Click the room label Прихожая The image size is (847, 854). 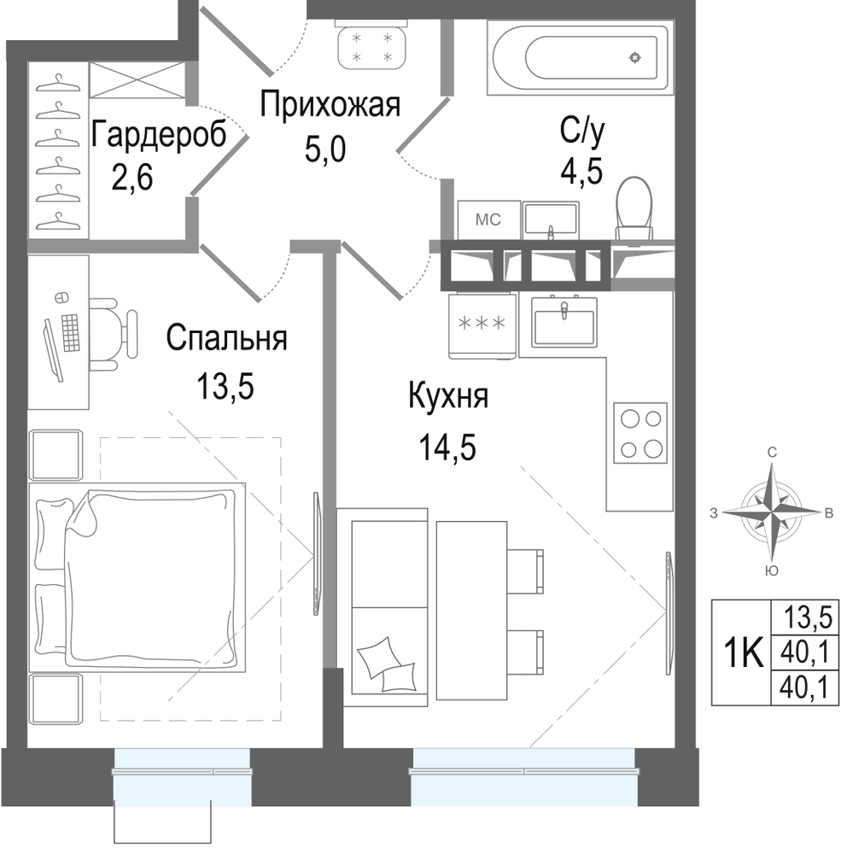click(330, 104)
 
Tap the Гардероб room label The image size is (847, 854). click(159, 134)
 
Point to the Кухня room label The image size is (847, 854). click(448, 396)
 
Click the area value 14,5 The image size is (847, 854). click(447, 447)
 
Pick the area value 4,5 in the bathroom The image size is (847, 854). click(581, 171)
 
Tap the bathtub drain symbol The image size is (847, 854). click(634, 57)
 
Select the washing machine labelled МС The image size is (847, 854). click(488, 219)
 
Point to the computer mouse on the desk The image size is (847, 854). click(61, 297)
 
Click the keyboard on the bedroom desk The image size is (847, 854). click(70, 333)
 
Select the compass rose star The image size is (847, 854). click(772, 512)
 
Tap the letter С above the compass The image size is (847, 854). click(772, 452)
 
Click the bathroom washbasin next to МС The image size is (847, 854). click(551, 220)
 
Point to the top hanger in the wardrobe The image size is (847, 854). click(58, 85)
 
